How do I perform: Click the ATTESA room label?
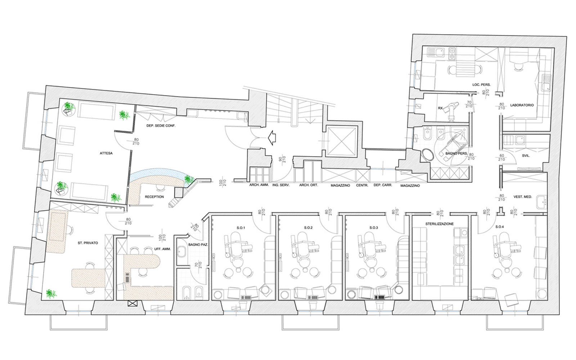pos(106,153)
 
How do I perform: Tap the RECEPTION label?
pos(154,197)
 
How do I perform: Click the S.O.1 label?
pos(241,228)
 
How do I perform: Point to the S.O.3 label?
pos(374,228)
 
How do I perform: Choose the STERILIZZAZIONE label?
pos(440,224)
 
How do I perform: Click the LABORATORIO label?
pos(522,105)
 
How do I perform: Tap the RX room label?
pos(441,108)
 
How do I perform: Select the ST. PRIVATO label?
pos(88,243)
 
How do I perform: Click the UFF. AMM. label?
pos(162,249)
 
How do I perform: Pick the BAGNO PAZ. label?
pos(198,245)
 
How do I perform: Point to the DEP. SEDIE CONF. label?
pos(161,126)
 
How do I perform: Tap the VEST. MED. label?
pos(523,197)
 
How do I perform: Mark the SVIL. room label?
pos(526,156)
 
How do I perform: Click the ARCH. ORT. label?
pos(309,185)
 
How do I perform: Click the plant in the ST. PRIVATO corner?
pos(51,294)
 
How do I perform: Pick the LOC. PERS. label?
pos(481,85)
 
